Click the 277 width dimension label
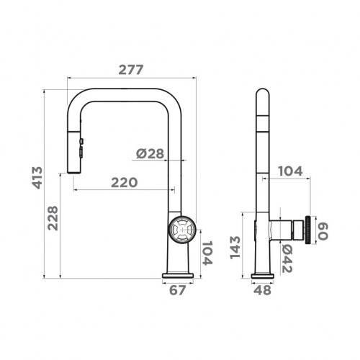pos(131,70)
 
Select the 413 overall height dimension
pos(37,178)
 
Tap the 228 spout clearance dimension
pos(53,218)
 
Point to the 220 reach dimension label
pos(125,182)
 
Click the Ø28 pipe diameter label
pos(150,153)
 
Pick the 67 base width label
pos(177,290)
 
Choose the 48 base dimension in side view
pos(262,290)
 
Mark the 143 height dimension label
pos(235,248)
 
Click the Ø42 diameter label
pos(287,258)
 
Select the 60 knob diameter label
pos(323,231)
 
